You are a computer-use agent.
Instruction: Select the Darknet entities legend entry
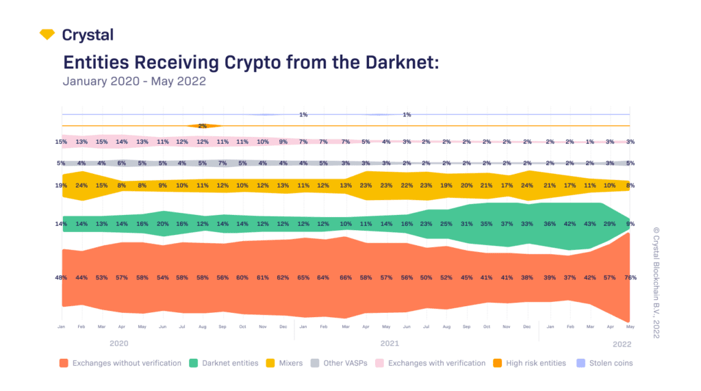coord(225,363)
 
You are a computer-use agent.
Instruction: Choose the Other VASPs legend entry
coord(342,363)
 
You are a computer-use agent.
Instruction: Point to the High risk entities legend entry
coord(531,363)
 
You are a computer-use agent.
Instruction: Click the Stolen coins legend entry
coord(606,363)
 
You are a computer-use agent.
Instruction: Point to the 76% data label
coord(630,277)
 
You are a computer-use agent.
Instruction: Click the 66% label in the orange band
coord(345,277)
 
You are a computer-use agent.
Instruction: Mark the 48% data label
coord(61,277)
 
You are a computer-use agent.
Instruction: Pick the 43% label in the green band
coord(589,224)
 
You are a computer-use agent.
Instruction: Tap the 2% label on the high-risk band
coord(203,126)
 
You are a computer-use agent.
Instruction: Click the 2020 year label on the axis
coord(120,342)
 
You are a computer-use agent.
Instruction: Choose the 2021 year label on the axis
coord(390,342)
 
